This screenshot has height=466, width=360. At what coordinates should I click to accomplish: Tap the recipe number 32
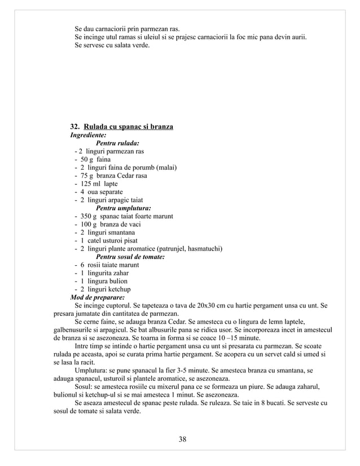tap(74, 126)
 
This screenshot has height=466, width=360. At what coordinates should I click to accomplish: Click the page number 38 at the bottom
tap(179, 439)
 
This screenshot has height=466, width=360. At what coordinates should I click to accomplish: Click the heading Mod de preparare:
tap(97, 297)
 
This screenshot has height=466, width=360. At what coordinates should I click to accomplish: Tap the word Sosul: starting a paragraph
tap(86, 387)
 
